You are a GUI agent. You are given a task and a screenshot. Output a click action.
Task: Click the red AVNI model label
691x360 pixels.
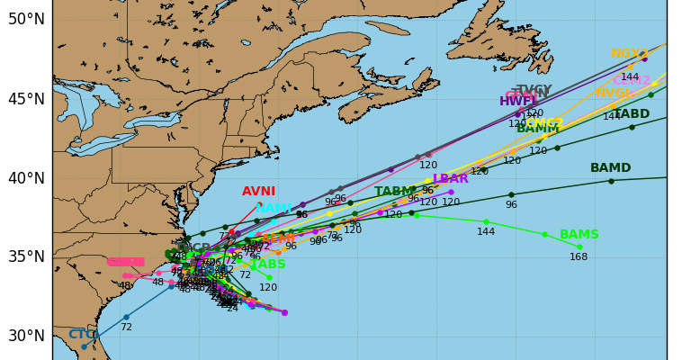point(258,192)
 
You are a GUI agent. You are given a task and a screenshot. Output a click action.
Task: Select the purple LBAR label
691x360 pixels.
point(450,179)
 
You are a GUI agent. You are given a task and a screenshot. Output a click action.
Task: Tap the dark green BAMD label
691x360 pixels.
point(610,168)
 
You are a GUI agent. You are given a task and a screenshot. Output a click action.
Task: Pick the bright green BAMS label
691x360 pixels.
point(579,235)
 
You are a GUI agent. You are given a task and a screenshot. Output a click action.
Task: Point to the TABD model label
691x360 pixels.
point(631,114)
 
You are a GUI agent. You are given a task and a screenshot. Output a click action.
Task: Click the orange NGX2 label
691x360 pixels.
point(629,54)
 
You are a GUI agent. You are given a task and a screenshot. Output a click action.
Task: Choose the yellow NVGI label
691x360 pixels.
point(613,94)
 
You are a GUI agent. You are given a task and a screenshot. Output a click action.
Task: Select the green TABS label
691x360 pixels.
point(269,265)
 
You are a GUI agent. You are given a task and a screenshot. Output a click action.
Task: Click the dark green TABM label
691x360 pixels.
point(394,192)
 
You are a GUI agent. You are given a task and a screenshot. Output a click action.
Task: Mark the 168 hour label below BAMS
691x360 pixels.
point(579,257)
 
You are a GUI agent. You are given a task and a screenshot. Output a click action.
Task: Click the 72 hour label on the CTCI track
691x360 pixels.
point(126,328)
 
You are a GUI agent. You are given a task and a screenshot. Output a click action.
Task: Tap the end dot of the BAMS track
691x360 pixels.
point(579,247)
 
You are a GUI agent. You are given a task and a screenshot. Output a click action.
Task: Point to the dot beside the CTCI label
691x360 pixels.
point(85,346)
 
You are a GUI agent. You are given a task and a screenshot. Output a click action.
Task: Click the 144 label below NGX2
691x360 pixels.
point(630,77)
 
